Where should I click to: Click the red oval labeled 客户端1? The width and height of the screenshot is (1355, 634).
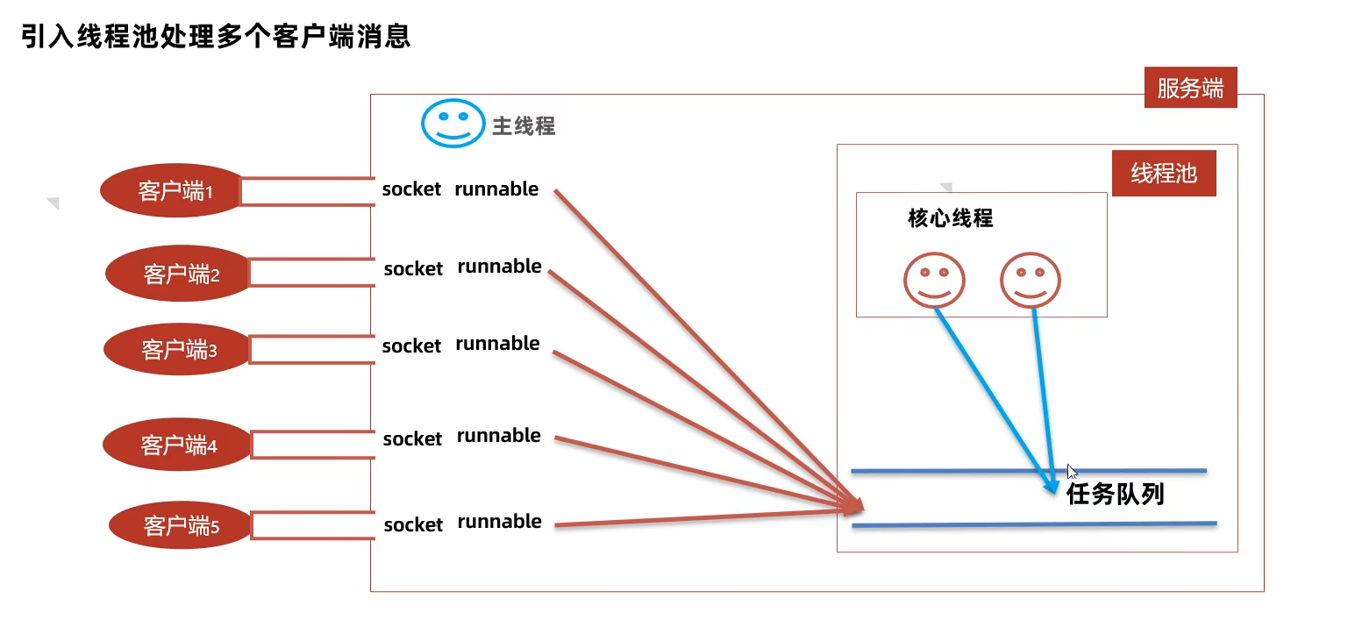coord(172,191)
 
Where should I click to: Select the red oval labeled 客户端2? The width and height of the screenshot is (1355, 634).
coord(179,275)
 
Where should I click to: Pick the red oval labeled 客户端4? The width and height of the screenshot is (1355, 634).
coord(177,445)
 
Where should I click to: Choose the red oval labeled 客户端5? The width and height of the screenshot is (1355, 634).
coord(181,525)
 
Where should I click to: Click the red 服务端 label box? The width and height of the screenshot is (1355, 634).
coord(1190,88)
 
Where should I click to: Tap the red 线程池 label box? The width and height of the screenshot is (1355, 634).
coord(1164,173)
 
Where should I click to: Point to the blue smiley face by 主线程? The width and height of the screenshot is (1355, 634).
coord(453,123)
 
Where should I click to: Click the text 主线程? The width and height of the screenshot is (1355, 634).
coord(524,126)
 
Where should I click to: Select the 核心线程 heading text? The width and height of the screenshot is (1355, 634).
coord(951,217)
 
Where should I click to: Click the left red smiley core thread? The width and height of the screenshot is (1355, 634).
coord(934,281)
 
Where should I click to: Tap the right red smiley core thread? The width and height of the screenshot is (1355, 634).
coord(1031,281)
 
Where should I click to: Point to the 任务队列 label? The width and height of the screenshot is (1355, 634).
coord(1115,495)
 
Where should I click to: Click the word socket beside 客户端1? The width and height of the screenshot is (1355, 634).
coord(411,189)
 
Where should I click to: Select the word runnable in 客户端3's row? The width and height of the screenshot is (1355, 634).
coord(497,344)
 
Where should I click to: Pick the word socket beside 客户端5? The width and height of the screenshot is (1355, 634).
coord(413,524)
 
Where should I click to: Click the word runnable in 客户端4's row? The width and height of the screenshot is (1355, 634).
coord(498,436)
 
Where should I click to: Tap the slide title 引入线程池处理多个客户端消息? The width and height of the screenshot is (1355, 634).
coord(216,37)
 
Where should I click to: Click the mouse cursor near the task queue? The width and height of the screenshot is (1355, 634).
coord(1072,471)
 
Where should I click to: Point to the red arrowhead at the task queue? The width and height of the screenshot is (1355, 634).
coord(855,505)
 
